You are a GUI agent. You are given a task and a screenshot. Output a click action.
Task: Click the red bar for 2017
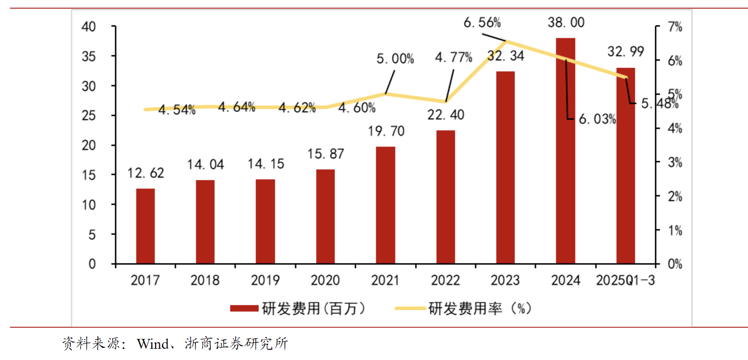pos(145,226)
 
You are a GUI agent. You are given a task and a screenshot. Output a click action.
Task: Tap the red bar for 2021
pos(385,205)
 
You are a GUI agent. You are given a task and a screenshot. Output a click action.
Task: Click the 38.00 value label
pos(566,22)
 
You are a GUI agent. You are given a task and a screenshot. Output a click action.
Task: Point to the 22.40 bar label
pos(446,115)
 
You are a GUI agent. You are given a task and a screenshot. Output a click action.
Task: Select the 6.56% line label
pos(482,22)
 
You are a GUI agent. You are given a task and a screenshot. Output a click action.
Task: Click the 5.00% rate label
pos(395,59)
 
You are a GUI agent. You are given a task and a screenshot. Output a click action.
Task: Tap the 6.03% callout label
pos(597,119)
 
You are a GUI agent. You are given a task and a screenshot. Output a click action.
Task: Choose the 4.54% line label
pos(177,110)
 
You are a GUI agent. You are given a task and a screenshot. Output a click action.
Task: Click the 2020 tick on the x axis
pos(325,280)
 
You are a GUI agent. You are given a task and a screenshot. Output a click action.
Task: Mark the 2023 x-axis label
pos(505,280)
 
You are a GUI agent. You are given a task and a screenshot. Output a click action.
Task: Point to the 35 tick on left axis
pos(89,57)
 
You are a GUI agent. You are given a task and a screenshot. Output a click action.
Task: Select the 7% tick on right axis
pos(675,27)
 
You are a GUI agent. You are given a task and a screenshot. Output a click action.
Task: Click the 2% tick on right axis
pos(675,197)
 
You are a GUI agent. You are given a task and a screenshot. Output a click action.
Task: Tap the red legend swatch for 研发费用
pos(244,308)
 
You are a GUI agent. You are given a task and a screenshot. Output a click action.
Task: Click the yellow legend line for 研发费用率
pos(410,308)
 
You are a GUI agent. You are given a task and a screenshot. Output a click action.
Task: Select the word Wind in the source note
pos(153,344)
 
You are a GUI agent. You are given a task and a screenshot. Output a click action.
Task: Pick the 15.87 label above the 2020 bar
pos(325,154)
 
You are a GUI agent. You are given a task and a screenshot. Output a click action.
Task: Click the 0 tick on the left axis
pos(92,264)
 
